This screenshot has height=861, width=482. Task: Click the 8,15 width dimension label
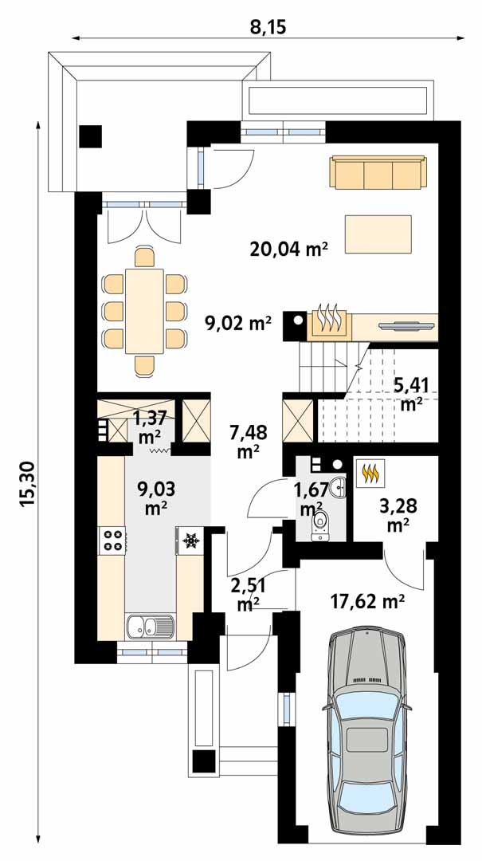click(268, 26)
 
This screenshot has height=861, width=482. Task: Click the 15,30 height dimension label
click(27, 484)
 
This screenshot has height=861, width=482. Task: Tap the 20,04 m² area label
click(288, 250)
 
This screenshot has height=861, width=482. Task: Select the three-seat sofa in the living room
click(378, 172)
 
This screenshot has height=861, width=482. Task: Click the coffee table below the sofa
click(378, 234)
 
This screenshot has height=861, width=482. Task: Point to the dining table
click(144, 311)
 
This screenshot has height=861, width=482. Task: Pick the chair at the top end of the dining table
click(144, 257)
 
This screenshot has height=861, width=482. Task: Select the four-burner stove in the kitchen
click(112, 539)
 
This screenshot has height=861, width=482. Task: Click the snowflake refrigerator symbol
click(190, 541)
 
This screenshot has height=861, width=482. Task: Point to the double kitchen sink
click(150, 627)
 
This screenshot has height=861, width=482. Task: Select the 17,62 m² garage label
click(368, 603)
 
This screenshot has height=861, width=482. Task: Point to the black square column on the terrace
click(90, 136)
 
